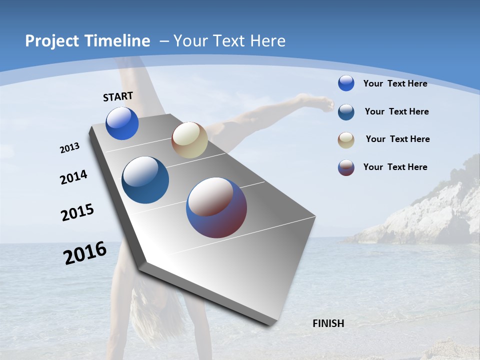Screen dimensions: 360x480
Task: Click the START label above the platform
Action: [x=118, y=96]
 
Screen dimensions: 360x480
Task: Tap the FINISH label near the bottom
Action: [x=328, y=323]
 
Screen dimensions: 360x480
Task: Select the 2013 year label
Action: [x=69, y=148]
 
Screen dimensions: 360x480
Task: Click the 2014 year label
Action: [x=73, y=177]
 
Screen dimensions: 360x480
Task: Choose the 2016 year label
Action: [x=85, y=253]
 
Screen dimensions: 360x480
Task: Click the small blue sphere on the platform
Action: [x=122, y=123]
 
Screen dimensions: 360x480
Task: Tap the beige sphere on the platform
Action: [x=189, y=140]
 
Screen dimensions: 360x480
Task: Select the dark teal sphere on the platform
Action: [x=145, y=180]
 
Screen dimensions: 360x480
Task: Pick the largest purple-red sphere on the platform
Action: [x=216, y=207]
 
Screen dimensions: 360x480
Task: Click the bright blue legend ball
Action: [x=346, y=83]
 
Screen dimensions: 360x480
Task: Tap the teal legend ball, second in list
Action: [x=346, y=112]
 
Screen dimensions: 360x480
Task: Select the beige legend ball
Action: [x=346, y=140]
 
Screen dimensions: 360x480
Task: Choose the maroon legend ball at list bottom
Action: [x=346, y=167]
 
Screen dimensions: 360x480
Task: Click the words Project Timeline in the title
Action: [x=87, y=41]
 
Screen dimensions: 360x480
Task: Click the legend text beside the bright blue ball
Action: [x=395, y=83]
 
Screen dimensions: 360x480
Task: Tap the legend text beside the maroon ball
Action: [x=395, y=167]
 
